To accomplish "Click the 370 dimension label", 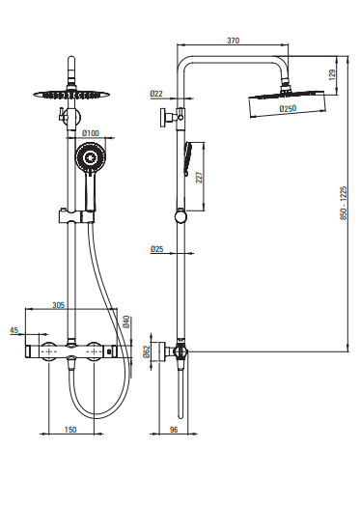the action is (234, 41).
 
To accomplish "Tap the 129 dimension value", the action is (333, 74).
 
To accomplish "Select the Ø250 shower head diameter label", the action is (288, 108).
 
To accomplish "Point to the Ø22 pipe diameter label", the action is (156, 94).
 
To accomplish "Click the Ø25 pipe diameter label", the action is (156, 249).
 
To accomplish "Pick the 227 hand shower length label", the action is (200, 178).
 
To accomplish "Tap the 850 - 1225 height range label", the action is (344, 203).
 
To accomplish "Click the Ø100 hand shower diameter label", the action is (91, 133).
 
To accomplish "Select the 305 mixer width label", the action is (59, 305).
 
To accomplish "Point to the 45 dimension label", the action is (14, 330).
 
